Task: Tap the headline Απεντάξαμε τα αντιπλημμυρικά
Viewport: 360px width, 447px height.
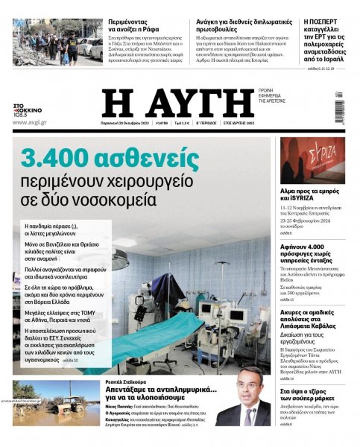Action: pyautogui.click(x=160, y=389)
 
